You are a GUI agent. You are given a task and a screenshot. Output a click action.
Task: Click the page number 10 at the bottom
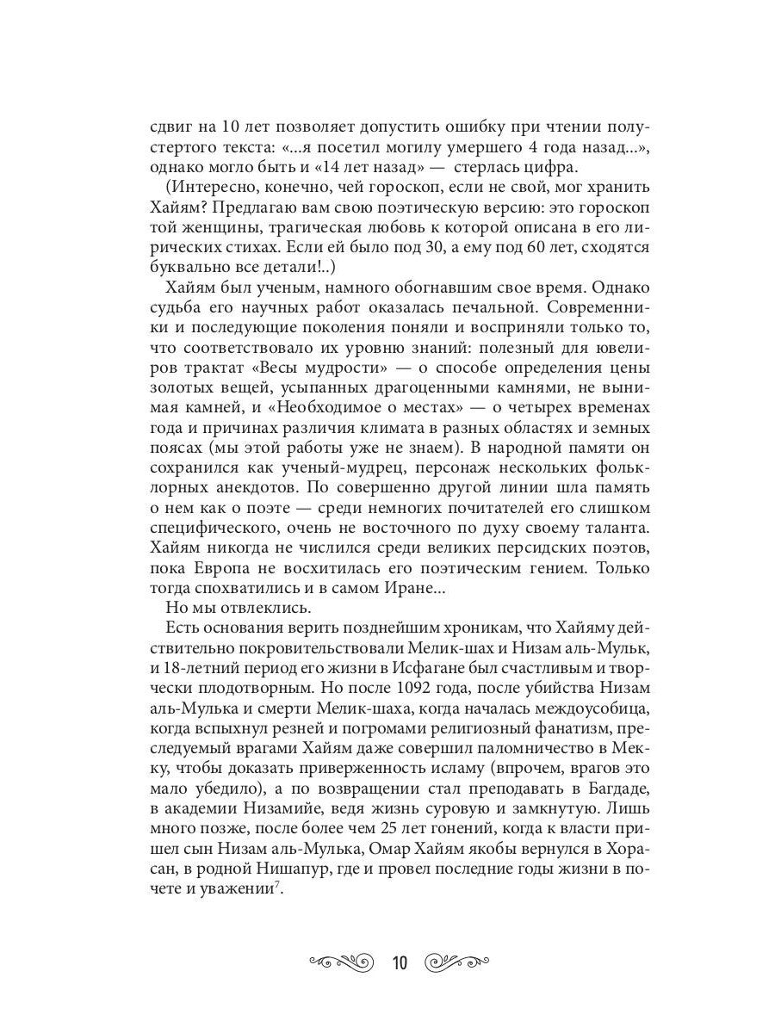click(400, 962)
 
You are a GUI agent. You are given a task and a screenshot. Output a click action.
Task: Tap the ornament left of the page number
click(341, 962)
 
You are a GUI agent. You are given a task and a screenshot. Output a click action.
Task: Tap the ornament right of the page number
click(459, 962)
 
